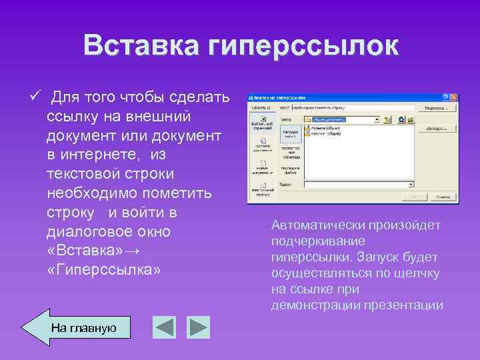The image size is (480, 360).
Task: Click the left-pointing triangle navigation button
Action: coord(164,327)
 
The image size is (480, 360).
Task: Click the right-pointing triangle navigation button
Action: coord(198,327)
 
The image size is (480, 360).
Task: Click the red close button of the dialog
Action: coord(454,97)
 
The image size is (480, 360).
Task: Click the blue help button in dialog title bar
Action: coord(446,97)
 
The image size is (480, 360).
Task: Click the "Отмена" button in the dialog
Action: coord(441,197)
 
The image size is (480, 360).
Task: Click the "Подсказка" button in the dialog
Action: coord(436,107)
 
